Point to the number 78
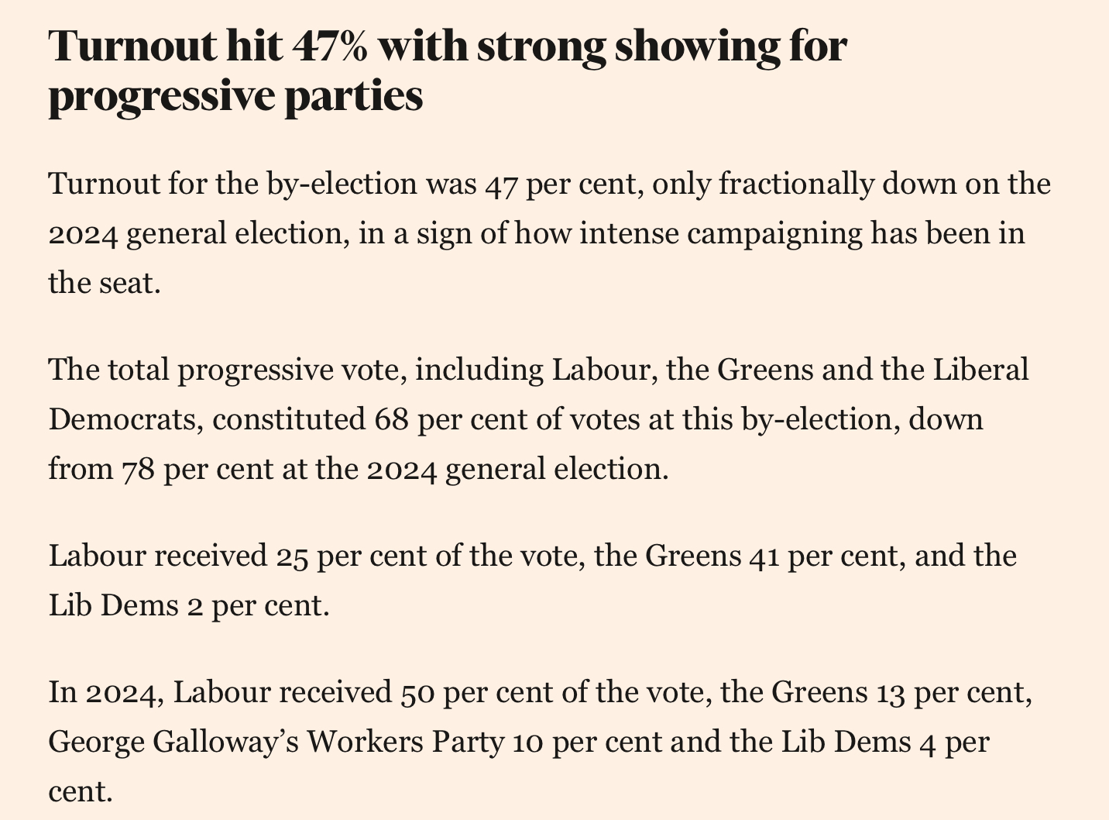tap(139, 470)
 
